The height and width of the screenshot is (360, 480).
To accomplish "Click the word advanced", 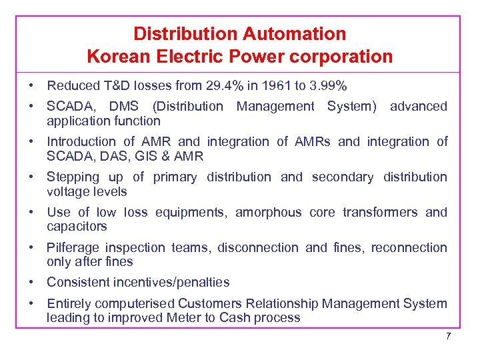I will coord(419,106).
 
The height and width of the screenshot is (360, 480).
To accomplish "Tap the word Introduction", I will coord(81,141).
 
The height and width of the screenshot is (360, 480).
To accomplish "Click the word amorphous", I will coord(268,212).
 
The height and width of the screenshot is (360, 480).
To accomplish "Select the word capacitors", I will coord(76,227).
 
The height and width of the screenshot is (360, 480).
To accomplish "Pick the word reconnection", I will coord(409,247).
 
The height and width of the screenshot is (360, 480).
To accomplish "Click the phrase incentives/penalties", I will coord(168,282).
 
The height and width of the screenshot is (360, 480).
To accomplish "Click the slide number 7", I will coord(449,336).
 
